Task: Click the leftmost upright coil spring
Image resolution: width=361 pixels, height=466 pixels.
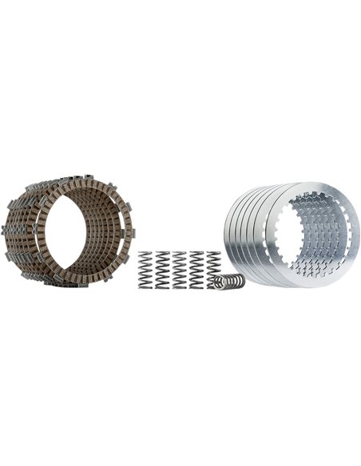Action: point(145,270)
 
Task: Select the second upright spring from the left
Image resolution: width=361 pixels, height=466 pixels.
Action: point(162,270)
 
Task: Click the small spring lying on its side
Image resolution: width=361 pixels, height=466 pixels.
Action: point(231,281)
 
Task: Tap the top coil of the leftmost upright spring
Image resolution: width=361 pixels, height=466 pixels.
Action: point(145,255)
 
